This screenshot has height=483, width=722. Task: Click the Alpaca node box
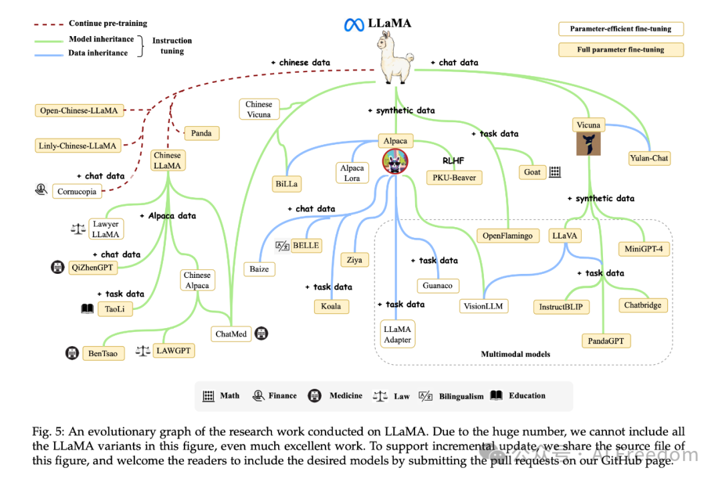[x=395, y=141]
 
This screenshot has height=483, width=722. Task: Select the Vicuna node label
[x=588, y=125]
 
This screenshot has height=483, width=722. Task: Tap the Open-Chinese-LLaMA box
[x=80, y=110]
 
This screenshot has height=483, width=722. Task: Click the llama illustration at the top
[x=396, y=59]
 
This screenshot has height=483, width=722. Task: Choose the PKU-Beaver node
[x=454, y=177]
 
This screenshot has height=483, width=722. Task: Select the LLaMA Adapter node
[x=397, y=334]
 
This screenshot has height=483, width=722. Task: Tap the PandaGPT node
[x=606, y=341]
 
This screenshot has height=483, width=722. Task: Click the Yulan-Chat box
[x=649, y=158]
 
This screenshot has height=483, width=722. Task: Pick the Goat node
[x=532, y=172]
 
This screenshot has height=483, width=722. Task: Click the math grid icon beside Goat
[x=554, y=172]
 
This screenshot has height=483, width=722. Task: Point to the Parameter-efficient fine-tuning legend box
[x=620, y=29]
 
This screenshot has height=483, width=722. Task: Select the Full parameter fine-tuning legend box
[x=620, y=49]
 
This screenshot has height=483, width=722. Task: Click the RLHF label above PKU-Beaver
[x=453, y=161]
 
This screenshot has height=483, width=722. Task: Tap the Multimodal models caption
[x=515, y=354]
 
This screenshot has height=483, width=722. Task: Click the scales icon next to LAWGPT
[x=142, y=351]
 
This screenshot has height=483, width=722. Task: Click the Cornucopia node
[x=76, y=191]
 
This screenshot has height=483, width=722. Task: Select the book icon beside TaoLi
[x=88, y=309]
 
